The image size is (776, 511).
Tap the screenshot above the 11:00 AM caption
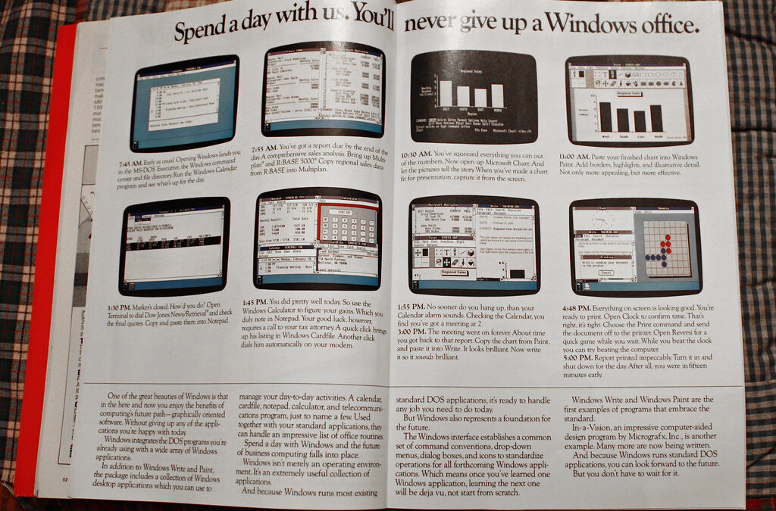(x=628, y=100)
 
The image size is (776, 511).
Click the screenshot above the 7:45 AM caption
(x=184, y=102)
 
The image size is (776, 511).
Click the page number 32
(x=65, y=478)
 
